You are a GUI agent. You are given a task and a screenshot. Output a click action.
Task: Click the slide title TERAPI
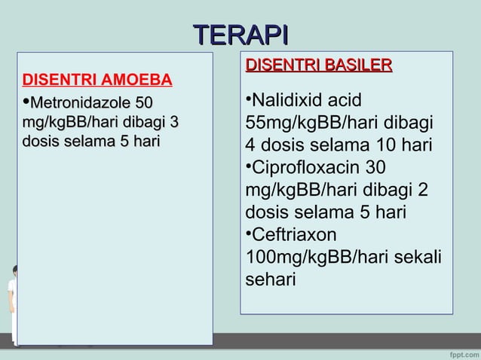[x=240, y=35]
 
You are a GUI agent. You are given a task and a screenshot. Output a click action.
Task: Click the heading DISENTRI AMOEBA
[x=97, y=81]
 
